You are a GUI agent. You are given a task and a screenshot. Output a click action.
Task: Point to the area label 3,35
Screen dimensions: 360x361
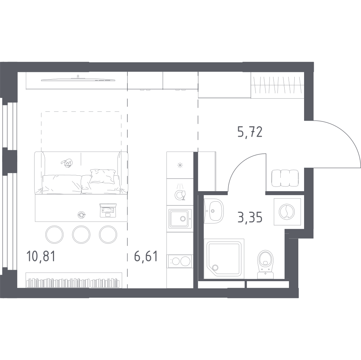249,217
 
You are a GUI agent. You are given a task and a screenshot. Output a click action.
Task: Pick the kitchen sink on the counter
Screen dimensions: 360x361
179,218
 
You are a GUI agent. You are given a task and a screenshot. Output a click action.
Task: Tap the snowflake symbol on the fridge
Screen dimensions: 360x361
179,165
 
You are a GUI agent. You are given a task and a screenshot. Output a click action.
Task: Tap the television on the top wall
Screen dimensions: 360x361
77,79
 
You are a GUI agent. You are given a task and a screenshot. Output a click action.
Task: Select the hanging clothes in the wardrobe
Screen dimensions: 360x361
277,85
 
